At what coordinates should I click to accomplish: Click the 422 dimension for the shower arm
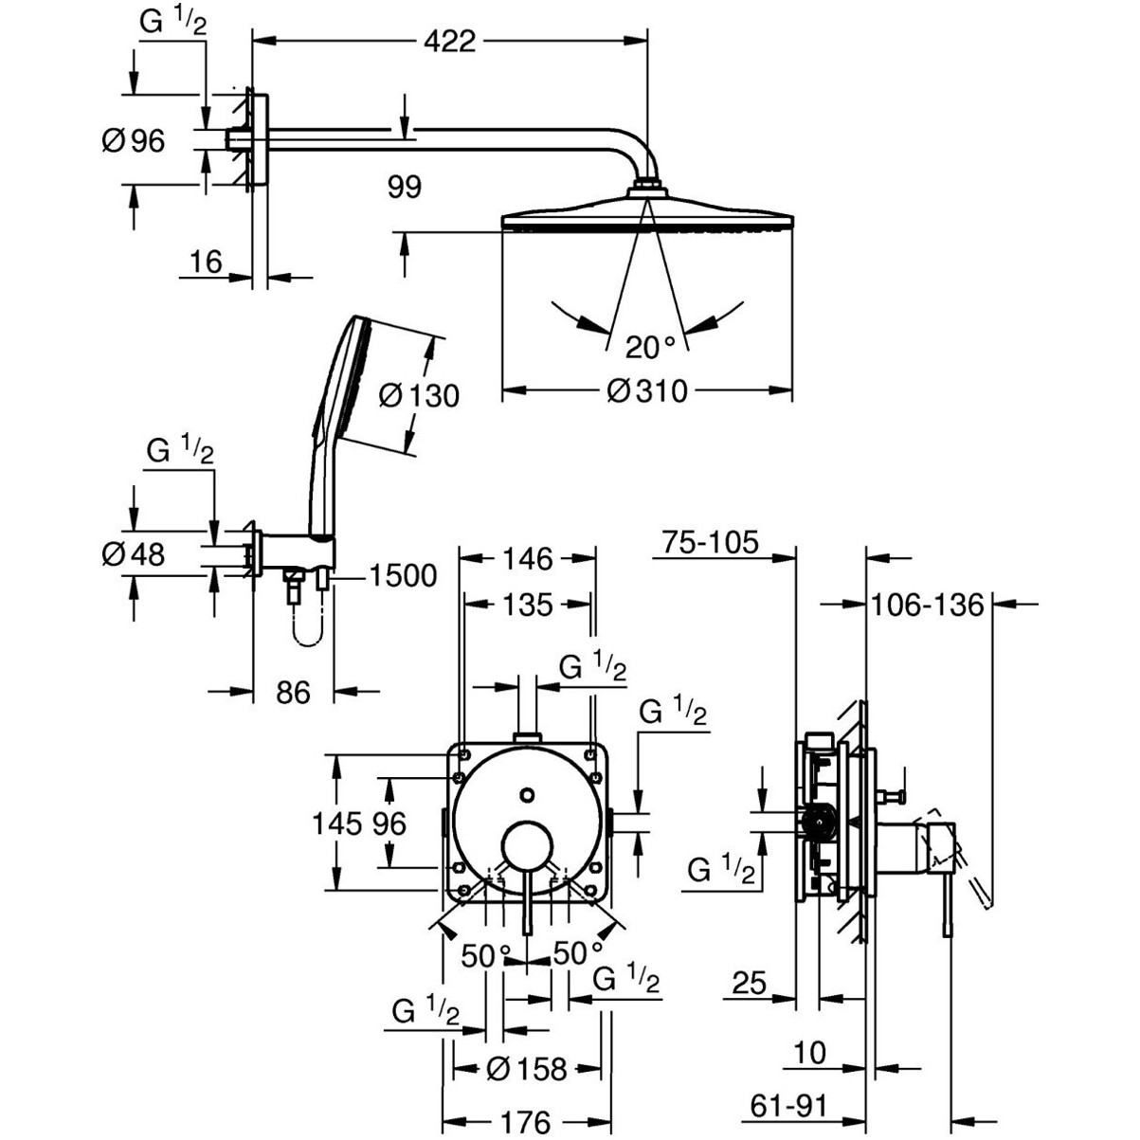450,42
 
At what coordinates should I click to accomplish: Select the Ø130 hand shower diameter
418,394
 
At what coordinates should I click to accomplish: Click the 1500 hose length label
403,575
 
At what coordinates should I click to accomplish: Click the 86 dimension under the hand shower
293,693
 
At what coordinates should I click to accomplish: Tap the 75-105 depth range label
711,542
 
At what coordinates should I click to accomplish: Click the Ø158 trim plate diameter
526,1070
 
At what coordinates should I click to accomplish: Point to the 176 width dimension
525,1123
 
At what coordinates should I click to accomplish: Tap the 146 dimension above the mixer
527,559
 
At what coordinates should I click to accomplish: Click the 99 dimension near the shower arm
405,187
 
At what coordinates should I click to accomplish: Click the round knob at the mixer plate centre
527,844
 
